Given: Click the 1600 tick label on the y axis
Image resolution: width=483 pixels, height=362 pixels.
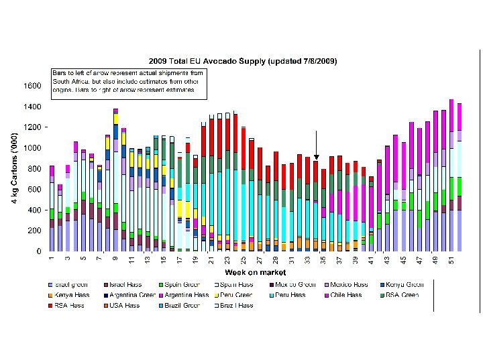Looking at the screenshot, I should click(x=32, y=86).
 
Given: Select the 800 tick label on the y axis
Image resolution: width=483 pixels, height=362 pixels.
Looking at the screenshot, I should click(x=34, y=168).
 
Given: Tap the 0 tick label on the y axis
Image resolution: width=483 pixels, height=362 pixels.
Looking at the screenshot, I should click(x=39, y=251).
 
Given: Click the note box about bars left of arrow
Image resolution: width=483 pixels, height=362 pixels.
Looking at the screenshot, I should click(x=127, y=80).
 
